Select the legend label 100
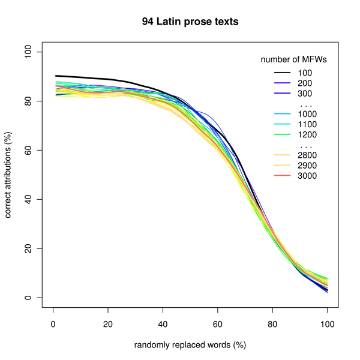[x=306, y=73]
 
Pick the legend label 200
[x=306, y=83]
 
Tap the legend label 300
[x=306, y=94]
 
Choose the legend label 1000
[x=308, y=114]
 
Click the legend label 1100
[x=308, y=124]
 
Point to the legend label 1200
[x=308, y=134]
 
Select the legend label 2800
[x=308, y=155]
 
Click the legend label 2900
[x=308, y=166]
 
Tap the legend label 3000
[x=308, y=176]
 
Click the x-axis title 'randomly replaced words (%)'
[x=190, y=345]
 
